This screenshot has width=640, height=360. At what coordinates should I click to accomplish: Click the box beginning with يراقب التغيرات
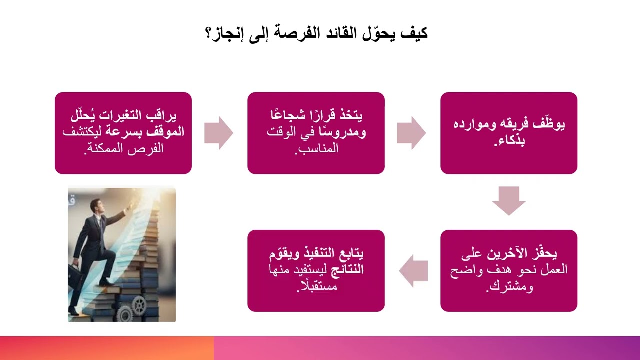pyautogui.click(x=123, y=133)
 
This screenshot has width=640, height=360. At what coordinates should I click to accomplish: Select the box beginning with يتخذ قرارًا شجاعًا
pyautogui.click(x=316, y=133)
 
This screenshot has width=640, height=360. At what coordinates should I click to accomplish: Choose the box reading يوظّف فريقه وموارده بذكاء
pyautogui.click(x=508, y=133)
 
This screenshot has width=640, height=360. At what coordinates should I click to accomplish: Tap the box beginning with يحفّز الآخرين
pyautogui.click(x=508, y=270)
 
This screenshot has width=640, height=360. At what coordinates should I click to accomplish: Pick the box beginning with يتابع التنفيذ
pyautogui.click(x=316, y=270)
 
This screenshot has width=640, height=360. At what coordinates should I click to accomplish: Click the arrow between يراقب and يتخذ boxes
pyautogui.click(x=219, y=133)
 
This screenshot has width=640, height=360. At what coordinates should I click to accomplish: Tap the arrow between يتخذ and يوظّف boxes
pyautogui.click(x=411, y=133)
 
